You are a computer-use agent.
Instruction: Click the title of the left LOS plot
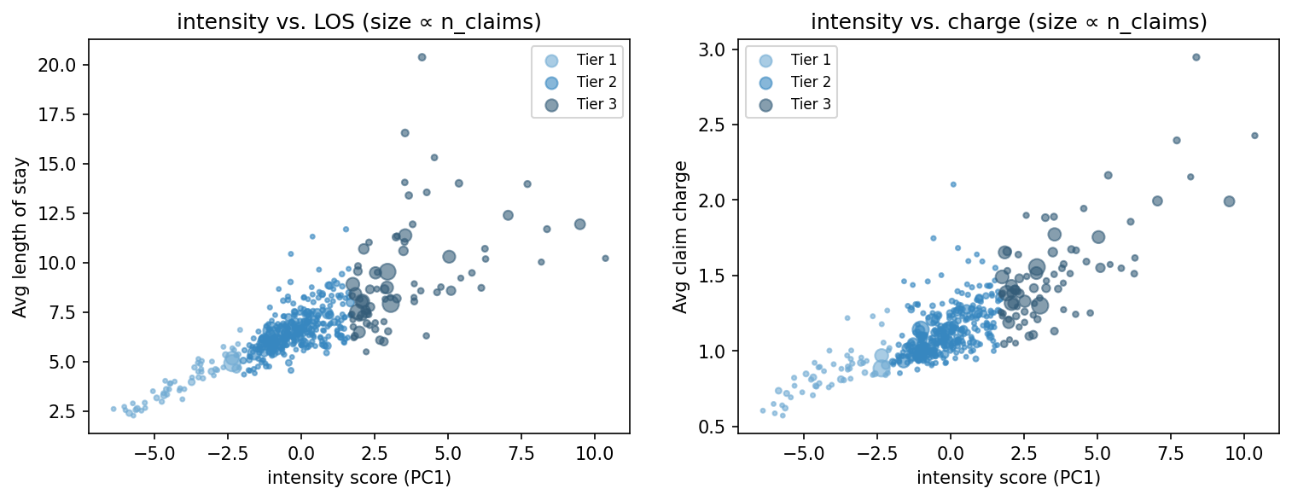coord(358,23)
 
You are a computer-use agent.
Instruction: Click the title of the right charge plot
coord(1008,23)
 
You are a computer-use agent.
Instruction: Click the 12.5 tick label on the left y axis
coord(64,213)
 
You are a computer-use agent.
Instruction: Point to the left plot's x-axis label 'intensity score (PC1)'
coord(358,478)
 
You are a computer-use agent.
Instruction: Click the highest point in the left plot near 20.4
coord(422,57)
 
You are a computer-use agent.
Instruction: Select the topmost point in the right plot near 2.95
coord(1196,57)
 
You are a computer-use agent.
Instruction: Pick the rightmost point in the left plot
coord(605,258)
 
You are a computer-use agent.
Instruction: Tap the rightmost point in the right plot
coord(1254,136)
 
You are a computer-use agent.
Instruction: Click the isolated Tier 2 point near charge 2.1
coord(953,184)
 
